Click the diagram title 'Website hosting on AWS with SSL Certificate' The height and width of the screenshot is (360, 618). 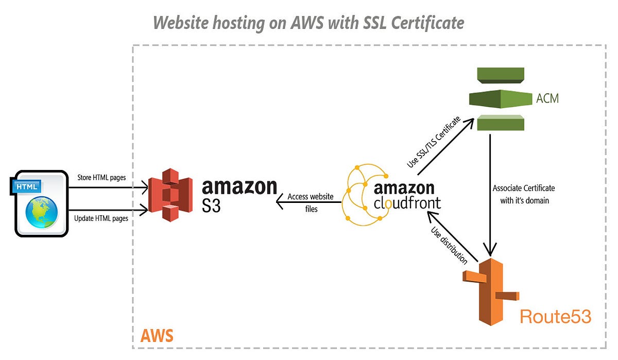click(x=308, y=22)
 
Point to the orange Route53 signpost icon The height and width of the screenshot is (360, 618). click(x=490, y=292)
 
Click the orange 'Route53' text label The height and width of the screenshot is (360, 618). click(x=555, y=316)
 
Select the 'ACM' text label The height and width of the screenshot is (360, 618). click(x=547, y=98)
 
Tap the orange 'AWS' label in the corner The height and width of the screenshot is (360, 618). click(x=157, y=337)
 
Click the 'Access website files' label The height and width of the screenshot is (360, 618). click(x=310, y=203)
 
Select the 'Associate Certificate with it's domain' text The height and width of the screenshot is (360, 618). click(x=524, y=194)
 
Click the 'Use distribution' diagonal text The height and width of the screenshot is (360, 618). click(x=449, y=245)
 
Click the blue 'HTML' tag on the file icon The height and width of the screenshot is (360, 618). click(x=26, y=186)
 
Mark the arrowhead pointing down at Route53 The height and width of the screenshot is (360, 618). click(x=490, y=250)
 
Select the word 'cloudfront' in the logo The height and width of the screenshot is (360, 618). click(x=407, y=203)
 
